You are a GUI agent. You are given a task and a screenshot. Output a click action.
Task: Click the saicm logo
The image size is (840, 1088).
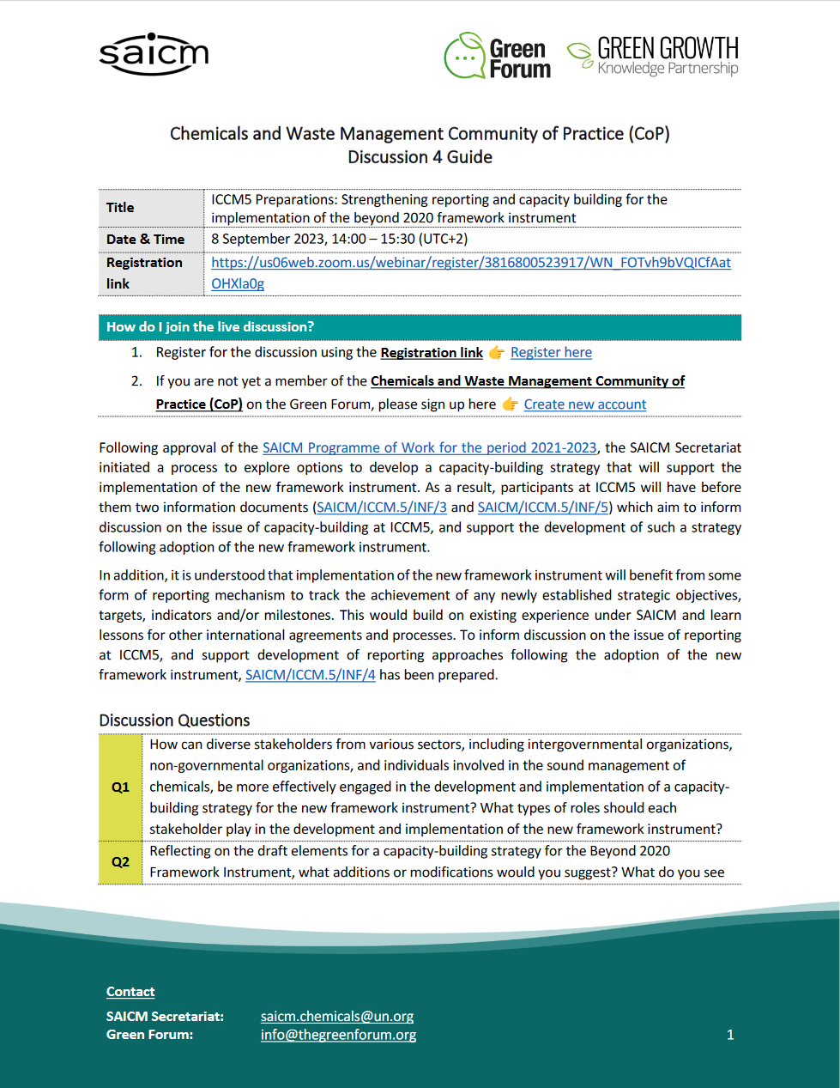(154, 54)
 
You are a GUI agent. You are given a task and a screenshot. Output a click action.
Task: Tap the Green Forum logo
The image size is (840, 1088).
(498, 57)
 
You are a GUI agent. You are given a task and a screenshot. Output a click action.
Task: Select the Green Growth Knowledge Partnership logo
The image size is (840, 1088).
(653, 56)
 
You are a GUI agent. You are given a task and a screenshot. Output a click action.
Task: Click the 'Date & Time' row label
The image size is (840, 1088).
(145, 240)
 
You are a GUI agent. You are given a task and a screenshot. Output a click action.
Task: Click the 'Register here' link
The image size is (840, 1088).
(551, 353)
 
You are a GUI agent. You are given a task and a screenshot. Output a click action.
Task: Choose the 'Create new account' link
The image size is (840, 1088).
(584, 404)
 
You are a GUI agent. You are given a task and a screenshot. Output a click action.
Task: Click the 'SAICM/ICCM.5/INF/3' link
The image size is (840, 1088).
(382, 508)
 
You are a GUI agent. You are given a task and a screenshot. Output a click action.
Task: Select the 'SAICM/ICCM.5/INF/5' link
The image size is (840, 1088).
(543, 508)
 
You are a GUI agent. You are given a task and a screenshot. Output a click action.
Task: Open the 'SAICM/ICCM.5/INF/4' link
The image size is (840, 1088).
(310, 675)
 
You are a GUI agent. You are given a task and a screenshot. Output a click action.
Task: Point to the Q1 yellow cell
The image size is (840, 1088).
(120, 787)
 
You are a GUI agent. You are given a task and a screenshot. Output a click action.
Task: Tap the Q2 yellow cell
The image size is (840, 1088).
(120, 862)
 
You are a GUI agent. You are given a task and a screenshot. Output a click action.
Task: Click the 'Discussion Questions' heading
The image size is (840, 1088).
(174, 720)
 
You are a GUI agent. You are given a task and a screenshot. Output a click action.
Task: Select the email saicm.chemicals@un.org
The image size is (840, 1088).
(336, 1017)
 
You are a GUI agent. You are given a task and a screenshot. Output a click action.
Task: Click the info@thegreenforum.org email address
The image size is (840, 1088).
(338, 1035)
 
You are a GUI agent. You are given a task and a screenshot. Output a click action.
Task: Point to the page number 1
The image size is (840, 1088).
(730, 1035)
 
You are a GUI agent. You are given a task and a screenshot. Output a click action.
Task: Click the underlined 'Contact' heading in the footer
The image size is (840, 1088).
(130, 992)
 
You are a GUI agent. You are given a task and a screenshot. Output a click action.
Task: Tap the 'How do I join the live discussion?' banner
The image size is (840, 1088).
(420, 327)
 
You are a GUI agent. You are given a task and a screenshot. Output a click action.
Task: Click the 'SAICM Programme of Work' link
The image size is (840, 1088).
(429, 448)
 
